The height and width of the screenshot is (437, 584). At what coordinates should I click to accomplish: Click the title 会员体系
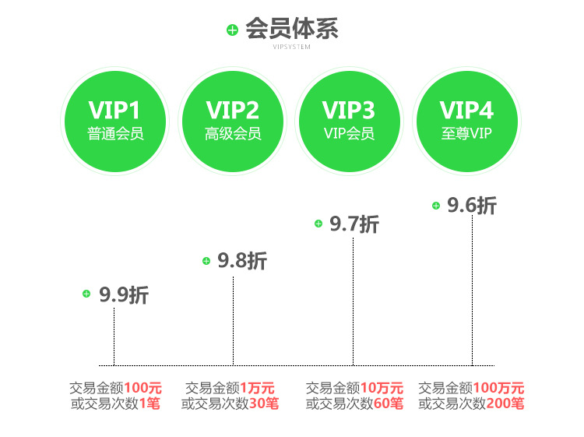click(x=292, y=29)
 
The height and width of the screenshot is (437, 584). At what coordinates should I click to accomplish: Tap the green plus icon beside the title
click(x=232, y=30)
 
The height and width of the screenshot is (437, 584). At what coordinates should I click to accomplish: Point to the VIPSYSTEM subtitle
click(x=292, y=47)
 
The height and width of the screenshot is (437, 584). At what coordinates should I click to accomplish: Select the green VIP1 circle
click(x=116, y=119)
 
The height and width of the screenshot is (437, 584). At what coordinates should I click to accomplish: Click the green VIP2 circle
click(x=233, y=119)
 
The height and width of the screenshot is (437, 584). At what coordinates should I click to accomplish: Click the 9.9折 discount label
click(x=124, y=295)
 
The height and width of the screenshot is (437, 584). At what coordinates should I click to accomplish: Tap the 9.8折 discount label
click(x=242, y=261)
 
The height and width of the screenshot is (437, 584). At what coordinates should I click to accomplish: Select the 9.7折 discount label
click(x=354, y=224)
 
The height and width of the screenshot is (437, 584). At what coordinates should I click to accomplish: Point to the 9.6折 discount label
click(x=472, y=206)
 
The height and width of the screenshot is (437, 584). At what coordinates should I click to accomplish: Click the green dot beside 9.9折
click(x=86, y=294)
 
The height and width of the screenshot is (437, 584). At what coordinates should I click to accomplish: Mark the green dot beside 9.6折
click(x=436, y=206)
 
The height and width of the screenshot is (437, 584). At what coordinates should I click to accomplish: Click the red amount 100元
click(x=143, y=388)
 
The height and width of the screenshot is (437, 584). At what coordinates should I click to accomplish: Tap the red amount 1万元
click(x=257, y=388)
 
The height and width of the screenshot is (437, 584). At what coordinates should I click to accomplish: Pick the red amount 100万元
click(x=499, y=388)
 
